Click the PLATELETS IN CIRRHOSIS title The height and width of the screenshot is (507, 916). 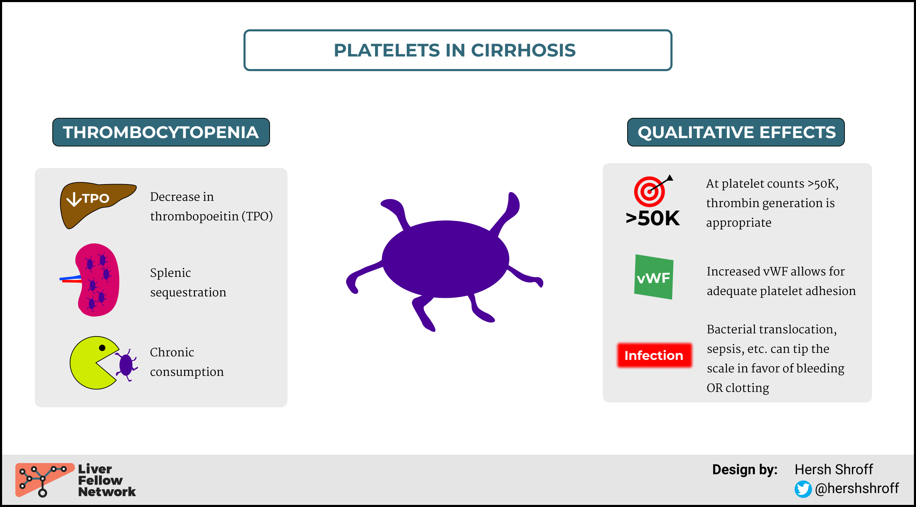coord(455,50)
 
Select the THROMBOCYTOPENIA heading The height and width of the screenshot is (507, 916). coord(161,132)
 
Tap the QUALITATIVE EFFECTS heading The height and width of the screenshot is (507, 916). coord(736,132)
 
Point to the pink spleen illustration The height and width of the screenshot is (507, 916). coord(97,280)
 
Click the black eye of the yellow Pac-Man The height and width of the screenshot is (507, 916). coord(102,348)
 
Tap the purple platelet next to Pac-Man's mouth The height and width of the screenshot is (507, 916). coord(126,365)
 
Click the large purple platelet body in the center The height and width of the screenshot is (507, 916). coord(445,259)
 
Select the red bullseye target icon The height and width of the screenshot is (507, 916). coord(650,192)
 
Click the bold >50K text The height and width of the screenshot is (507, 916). coord(653,218)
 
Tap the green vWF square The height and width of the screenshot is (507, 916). coord(654,277)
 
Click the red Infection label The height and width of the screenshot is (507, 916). coord(654,355)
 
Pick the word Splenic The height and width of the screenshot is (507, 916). coord(170,273)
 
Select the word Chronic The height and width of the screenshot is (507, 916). coord(172,352)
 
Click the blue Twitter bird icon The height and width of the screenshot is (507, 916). coord(803,489)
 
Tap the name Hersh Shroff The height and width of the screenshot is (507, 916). coord(833,469)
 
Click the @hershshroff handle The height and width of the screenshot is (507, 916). coord(857,489)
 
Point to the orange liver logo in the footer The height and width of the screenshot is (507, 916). coord(44,479)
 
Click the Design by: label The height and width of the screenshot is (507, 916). coord(745,470)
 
